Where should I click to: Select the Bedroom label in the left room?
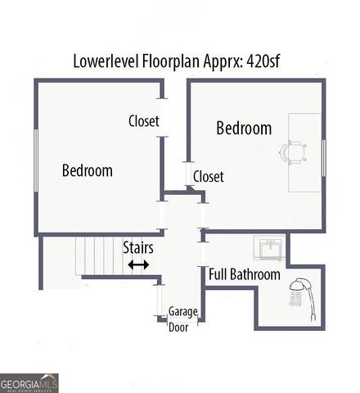(87, 170)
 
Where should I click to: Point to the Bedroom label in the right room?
(243, 129)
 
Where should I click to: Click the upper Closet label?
(143, 121)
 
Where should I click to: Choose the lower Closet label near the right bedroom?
(208, 176)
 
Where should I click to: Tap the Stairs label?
(137, 246)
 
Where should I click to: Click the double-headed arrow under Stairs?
(137, 264)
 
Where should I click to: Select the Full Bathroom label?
(244, 274)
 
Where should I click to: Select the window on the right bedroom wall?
(324, 157)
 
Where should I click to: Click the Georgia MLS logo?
(29, 382)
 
